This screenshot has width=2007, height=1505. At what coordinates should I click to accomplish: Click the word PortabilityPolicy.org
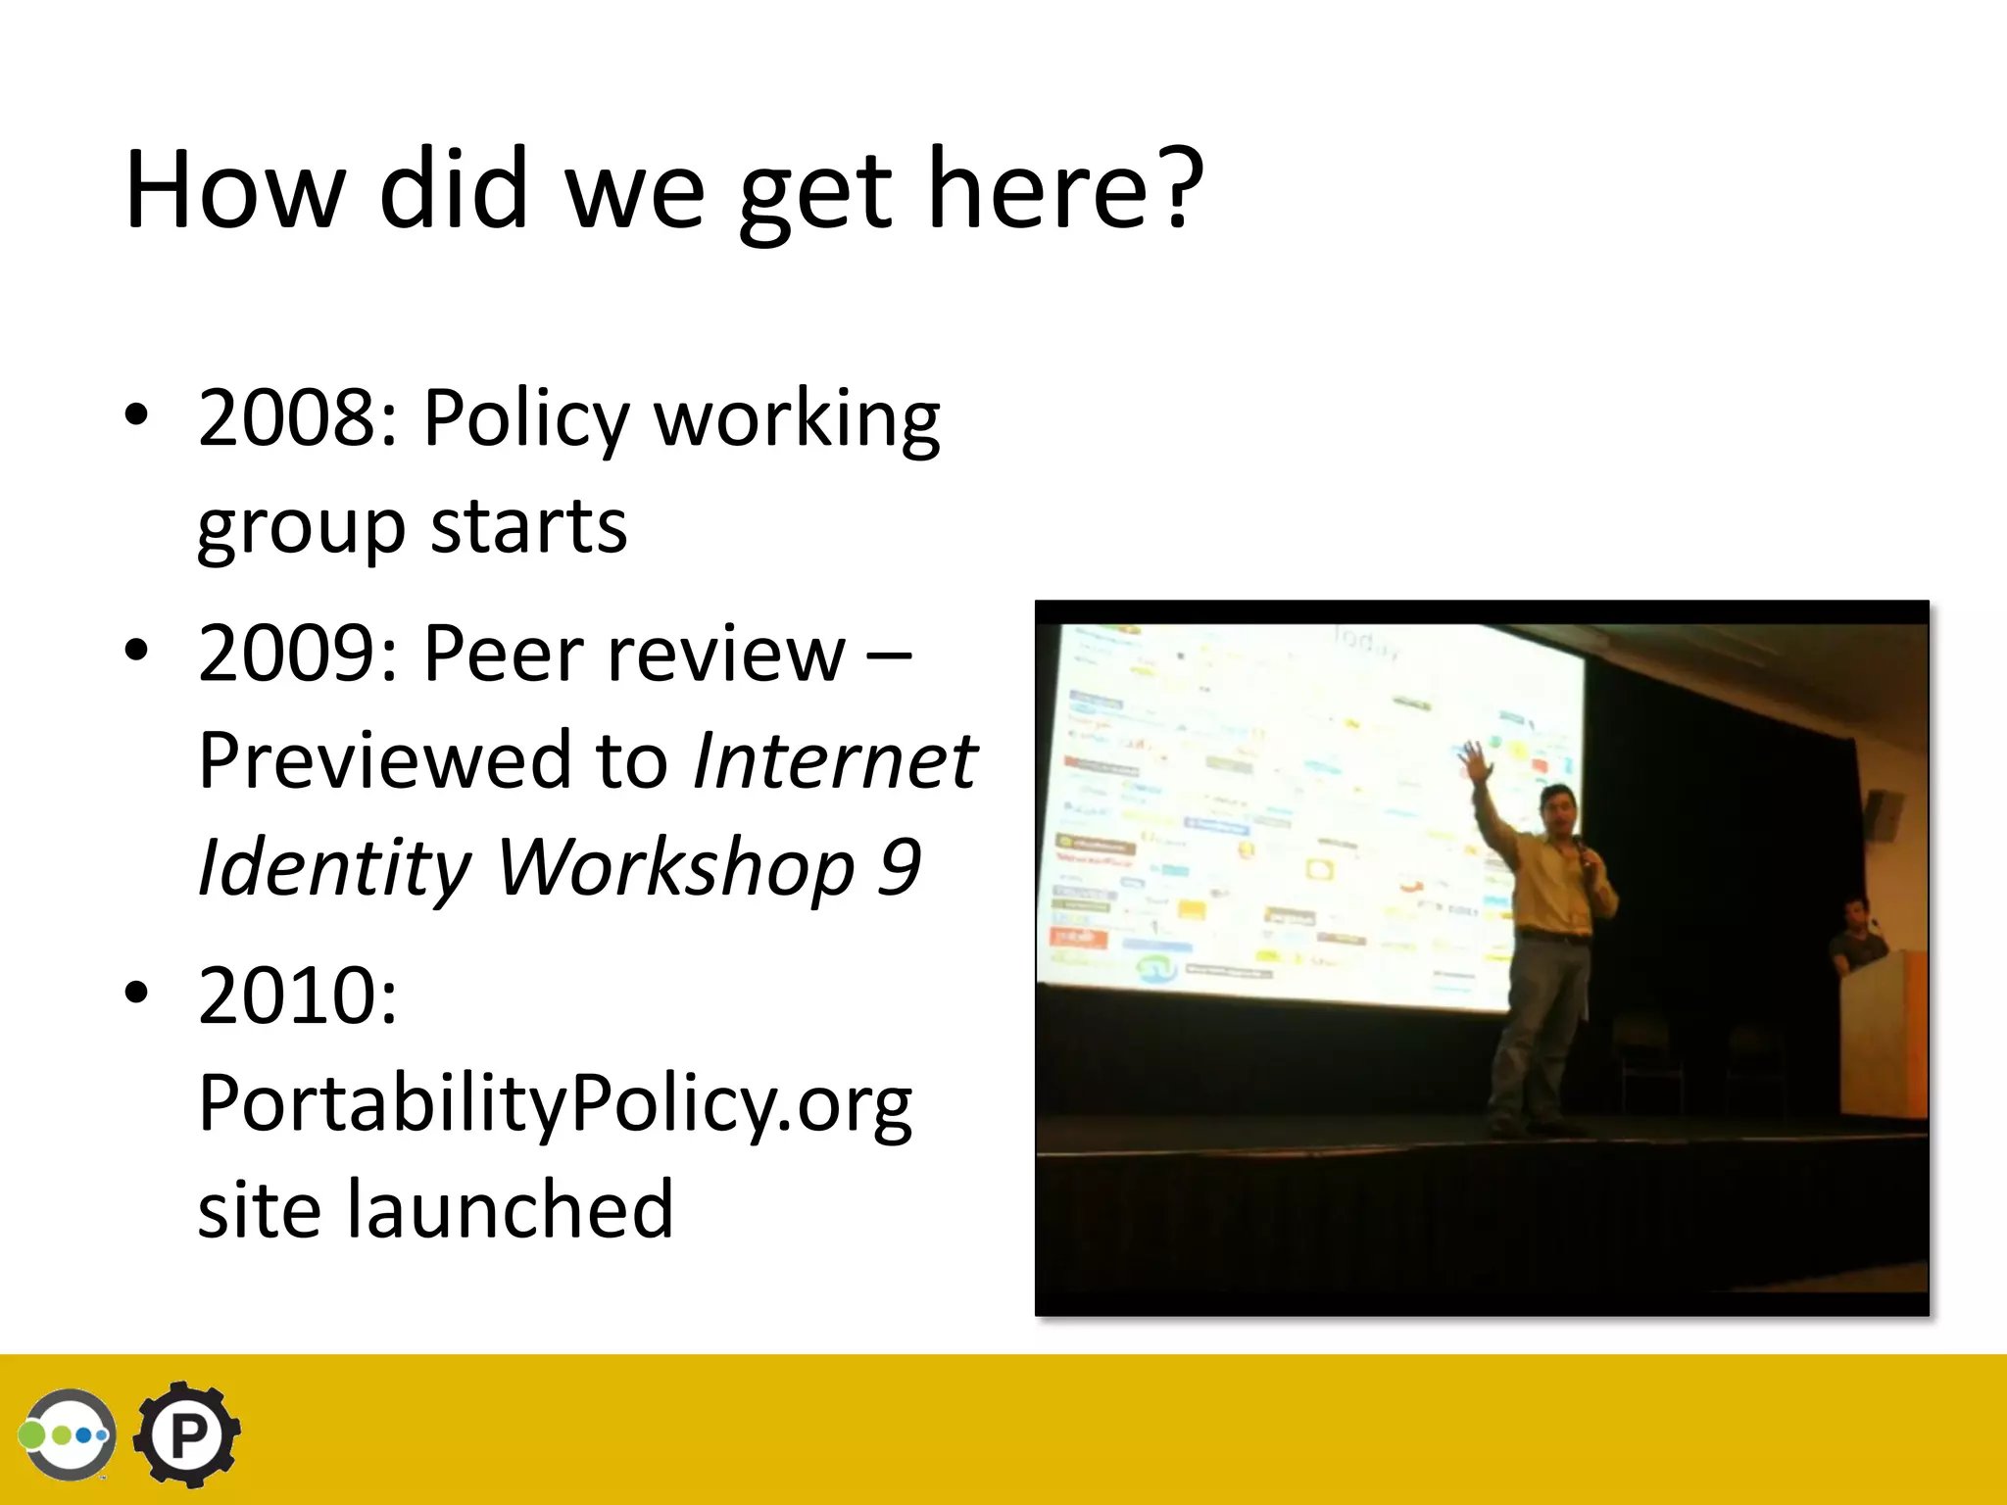tap(555, 1104)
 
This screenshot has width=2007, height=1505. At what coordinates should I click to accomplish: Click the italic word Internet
tap(834, 760)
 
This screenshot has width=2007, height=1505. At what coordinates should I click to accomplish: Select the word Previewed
tap(385, 760)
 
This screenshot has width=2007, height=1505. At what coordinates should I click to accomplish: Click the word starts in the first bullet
tap(528, 526)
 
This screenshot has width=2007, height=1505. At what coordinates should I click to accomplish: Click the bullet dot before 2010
tap(137, 993)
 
